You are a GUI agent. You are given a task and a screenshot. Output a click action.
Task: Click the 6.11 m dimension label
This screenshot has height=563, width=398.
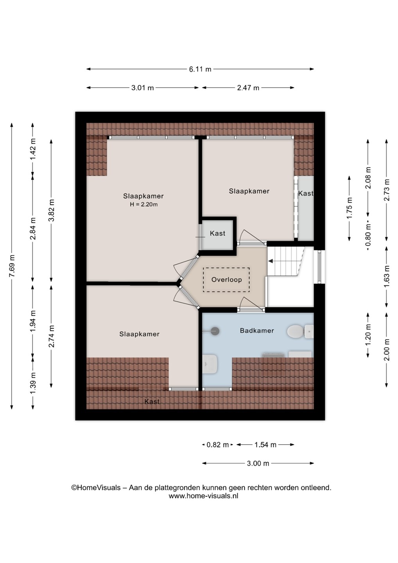coord(200,69)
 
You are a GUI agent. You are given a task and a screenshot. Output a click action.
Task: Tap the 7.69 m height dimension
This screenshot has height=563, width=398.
coord(12,266)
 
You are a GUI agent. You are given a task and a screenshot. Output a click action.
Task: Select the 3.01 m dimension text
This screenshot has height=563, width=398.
coord(142,88)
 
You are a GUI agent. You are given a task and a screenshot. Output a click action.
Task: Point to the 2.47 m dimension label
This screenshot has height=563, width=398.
coord(248,88)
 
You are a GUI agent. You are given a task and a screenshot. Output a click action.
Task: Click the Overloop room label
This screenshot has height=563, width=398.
coord(226,280)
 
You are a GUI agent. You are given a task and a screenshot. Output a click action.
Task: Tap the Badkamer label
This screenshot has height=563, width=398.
coord(257,330)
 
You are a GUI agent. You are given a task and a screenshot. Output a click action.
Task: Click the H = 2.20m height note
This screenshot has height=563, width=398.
coord(144,204)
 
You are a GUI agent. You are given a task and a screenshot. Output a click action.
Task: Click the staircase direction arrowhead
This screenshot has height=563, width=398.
coord(271,261)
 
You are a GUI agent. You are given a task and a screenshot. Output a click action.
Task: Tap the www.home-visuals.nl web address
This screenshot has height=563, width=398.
coord(203,496)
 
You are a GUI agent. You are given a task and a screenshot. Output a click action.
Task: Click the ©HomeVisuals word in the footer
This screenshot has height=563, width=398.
coord(96,488)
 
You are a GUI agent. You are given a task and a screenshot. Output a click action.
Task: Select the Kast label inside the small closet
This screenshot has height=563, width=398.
coord(217,233)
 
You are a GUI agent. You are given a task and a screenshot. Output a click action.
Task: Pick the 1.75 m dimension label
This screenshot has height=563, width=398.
coord(350,208)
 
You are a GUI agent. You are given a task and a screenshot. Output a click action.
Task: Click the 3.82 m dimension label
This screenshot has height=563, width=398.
coord(51,210)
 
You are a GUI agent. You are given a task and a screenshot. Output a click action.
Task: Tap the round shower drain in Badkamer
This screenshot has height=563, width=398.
coord(215,331)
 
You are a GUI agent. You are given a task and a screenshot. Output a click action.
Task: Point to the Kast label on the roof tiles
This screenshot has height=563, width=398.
coord(152,402)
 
